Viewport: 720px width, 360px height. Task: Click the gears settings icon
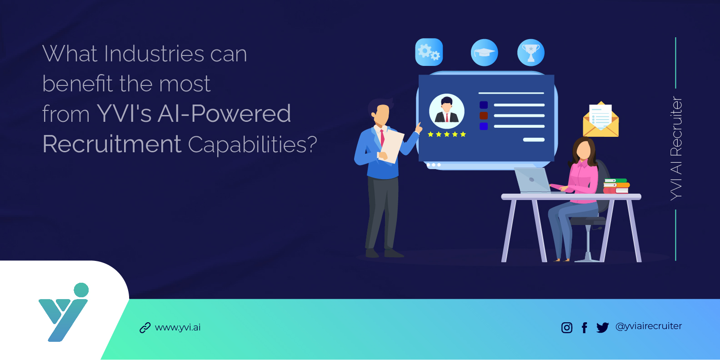point(429,52)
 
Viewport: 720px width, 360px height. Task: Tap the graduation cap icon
point(484,52)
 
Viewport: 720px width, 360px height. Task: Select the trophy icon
point(530,52)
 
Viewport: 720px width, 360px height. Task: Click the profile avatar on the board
point(446,111)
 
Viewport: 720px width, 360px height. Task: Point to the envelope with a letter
point(600,120)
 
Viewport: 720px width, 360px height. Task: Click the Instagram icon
point(567,327)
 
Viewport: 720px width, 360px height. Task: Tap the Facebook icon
point(585,327)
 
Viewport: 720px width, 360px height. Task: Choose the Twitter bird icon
point(602,327)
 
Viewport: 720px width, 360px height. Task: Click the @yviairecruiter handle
point(649,326)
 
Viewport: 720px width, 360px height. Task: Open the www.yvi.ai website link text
point(178,327)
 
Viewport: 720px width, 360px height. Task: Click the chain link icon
point(145,328)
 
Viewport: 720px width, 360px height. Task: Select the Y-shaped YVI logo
point(63,313)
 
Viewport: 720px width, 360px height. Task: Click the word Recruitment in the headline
point(112,144)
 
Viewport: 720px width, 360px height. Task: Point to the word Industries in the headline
point(154,54)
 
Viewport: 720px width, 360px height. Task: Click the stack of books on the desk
point(616,186)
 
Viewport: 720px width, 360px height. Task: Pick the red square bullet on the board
point(484,115)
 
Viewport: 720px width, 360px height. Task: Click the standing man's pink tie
point(382,138)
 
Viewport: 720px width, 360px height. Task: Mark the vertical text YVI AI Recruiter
point(676,148)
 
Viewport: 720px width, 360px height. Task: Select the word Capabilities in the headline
point(252,145)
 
